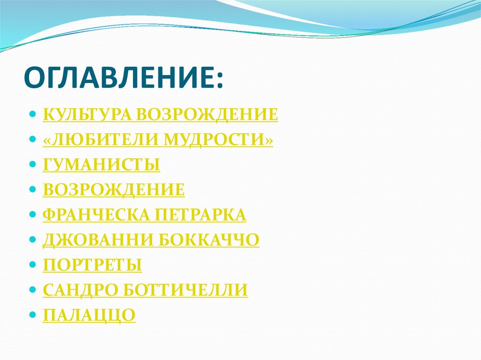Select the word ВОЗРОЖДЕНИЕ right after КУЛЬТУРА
pos(207,115)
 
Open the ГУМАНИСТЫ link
pos(101,165)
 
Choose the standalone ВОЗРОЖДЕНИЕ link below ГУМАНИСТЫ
pos(114,190)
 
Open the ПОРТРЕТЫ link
pos(93,265)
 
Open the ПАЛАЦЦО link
pos(89,315)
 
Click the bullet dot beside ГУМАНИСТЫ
pos(32,165)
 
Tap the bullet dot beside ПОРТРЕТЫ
pos(32,266)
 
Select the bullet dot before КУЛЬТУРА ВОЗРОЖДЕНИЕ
pos(32,115)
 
